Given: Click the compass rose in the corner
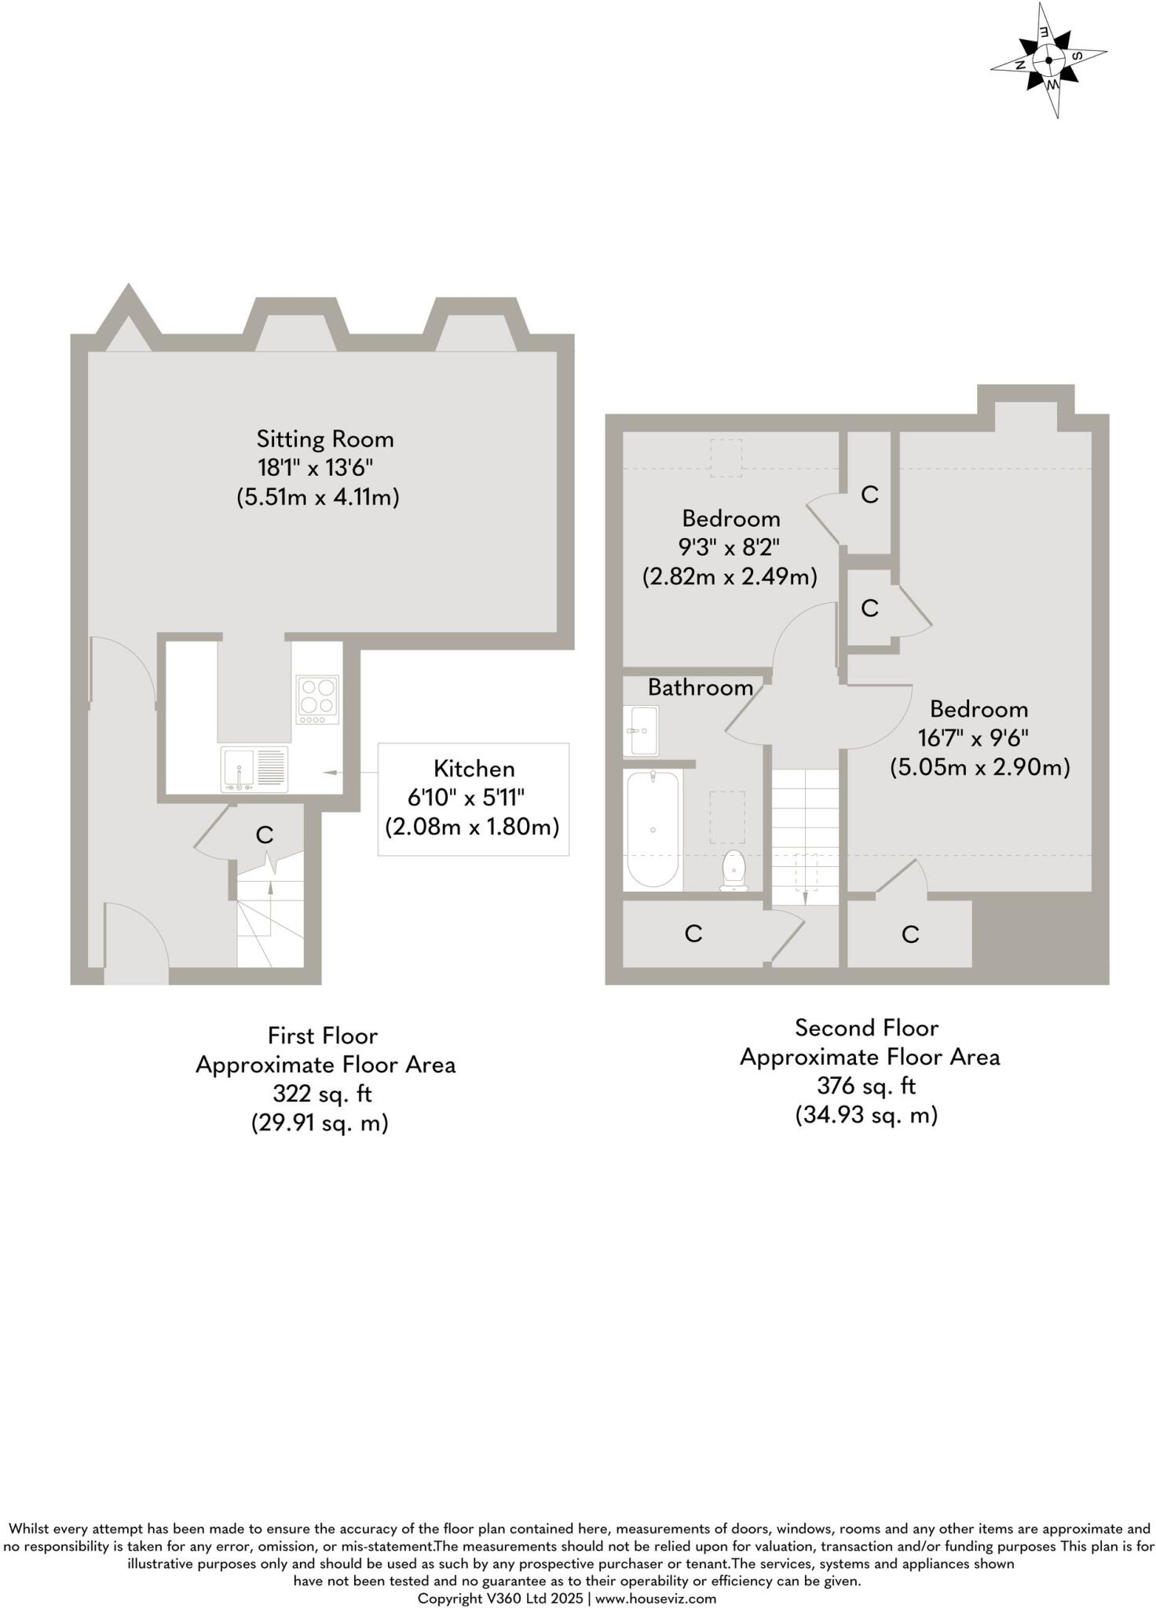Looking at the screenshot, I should coord(1049,60).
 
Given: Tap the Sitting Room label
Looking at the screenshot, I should coord(324,439).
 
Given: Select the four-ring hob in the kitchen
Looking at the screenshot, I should coord(317,699).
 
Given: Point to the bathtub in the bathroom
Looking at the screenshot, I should coord(653,829).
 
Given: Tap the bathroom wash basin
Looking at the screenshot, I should coord(642,730).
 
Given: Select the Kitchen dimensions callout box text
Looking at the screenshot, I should coord(473,799).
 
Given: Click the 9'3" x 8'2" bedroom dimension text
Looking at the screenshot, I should coord(729,547).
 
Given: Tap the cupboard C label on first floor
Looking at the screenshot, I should coord(265,835).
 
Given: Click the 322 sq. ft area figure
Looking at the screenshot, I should coord(322,1094).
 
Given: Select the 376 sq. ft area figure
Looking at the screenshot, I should coord(866,1086).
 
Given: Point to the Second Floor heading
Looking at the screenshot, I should coord(866,1028).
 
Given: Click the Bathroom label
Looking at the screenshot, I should coord(700,688).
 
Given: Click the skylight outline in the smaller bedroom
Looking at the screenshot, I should coord(726,459).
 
